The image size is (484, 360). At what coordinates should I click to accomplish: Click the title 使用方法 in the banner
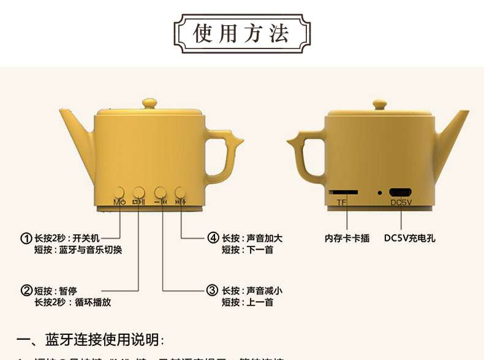(x=241, y=32)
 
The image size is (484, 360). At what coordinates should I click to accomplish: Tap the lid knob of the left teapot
(x=149, y=102)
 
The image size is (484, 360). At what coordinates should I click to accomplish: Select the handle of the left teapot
(x=224, y=153)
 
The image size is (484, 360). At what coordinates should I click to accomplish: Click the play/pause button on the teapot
(x=139, y=192)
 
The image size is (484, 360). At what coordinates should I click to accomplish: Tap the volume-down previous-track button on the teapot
(x=160, y=192)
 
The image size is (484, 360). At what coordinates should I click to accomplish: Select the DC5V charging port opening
(x=401, y=192)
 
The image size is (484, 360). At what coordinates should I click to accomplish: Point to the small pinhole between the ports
(x=379, y=193)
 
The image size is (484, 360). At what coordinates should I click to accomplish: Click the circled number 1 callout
(x=26, y=238)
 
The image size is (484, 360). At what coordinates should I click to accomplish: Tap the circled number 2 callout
(x=26, y=291)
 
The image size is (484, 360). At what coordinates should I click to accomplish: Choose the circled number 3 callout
(x=212, y=291)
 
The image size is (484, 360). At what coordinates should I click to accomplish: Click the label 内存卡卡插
(x=347, y=238)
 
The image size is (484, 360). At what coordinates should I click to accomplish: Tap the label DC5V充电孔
(x=409, y=238)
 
